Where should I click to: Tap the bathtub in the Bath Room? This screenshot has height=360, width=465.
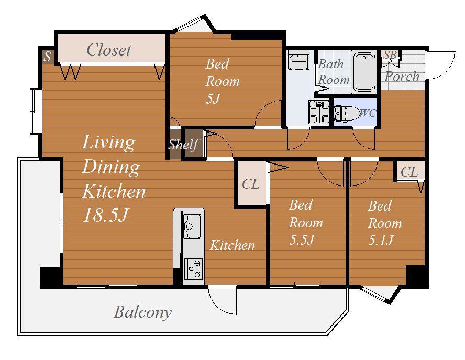coord(364,72)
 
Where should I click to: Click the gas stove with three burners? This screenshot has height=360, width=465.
coord(193,269)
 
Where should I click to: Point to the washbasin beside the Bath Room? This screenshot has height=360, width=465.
coord(298,61)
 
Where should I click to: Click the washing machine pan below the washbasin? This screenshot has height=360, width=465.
coord(319,112)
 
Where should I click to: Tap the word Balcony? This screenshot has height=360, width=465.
coord(142,312)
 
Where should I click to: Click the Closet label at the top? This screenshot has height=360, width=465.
coord(109,50)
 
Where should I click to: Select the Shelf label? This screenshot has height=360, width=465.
coord(183,145)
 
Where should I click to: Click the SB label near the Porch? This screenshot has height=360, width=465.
coord(390,55)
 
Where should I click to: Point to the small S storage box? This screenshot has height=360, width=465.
coord(48,57)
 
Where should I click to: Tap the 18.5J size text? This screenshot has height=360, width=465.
coord(106,215)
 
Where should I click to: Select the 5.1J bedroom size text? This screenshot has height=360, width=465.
coord(381,240)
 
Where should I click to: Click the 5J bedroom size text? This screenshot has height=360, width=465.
coord(212,99)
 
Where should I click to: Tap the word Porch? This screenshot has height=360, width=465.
coord(402,77)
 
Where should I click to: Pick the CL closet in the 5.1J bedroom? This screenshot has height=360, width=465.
coord(409,171)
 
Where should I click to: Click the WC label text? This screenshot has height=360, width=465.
coord(368,113)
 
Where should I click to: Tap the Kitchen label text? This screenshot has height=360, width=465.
coord(232,245)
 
